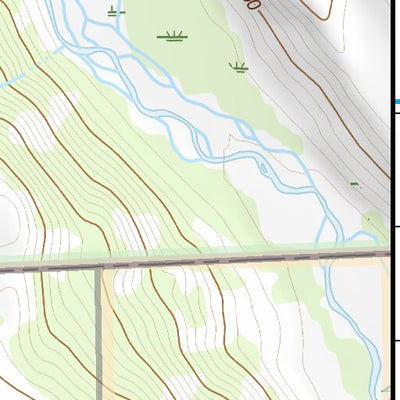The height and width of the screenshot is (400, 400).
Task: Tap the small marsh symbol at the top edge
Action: (x=115, y=12)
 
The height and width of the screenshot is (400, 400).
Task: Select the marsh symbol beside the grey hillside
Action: (x=238, y=68)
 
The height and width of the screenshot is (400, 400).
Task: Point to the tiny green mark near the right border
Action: (x=354, y=184)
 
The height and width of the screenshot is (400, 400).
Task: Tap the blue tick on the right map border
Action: (x=396, y=102)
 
